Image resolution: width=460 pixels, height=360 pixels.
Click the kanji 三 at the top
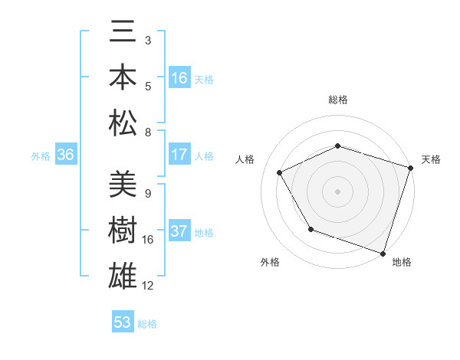point(123,34)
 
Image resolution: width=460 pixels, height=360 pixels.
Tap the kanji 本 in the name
point(123,78)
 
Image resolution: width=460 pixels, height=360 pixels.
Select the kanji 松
point(123,123)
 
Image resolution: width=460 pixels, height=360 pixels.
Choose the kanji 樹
point(123,231)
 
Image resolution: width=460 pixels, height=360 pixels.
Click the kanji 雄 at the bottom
point(123,276)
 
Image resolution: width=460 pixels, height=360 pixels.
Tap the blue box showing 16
point(179,78)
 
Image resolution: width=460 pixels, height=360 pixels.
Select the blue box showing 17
point(179,155)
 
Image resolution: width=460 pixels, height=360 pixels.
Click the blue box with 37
point(179,232)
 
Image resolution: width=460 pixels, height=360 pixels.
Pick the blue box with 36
point(65,155)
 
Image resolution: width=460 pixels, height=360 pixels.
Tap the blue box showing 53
point(123,322)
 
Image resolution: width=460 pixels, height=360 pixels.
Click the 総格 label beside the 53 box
point(147,324)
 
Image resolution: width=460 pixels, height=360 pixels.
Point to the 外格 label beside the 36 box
point(41,156)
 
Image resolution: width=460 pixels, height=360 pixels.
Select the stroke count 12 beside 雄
point(148,286)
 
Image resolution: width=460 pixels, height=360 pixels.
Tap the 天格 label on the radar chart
point(431,159)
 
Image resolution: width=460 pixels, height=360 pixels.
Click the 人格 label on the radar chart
point(245,159)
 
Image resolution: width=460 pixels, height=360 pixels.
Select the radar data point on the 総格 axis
point(338,146)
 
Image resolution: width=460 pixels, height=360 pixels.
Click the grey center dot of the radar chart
point(338,191)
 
